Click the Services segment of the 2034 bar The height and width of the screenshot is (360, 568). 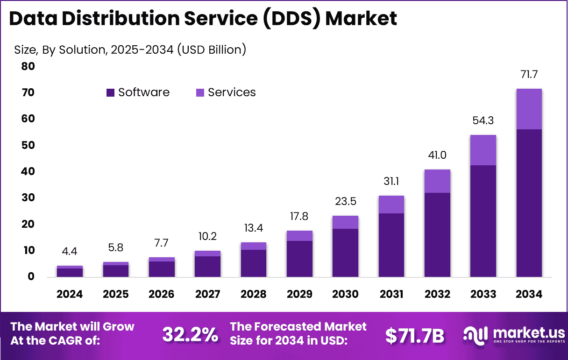(x=529, y=109)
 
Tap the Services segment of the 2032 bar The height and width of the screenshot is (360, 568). (x=437, y=181)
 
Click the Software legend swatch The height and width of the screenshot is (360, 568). (x=110, y=92)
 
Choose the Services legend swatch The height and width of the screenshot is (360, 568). (x=200, y=92)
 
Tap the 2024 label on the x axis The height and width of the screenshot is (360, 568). (x=70, y=294)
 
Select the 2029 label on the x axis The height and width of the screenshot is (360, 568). (x=299, y=294)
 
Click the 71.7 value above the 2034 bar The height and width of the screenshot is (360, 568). (x=529, y=74)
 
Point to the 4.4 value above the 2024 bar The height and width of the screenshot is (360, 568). (x=70, y=252)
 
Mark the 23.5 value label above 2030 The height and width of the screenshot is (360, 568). (x=345, y=202)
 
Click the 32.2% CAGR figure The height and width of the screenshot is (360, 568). (x=190, y=334)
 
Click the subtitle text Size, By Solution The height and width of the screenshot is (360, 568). (x=60, y=49)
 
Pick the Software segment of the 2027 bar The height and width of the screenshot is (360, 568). (x=207, y=266)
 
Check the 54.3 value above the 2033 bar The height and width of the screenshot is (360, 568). (x=483, y=120)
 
